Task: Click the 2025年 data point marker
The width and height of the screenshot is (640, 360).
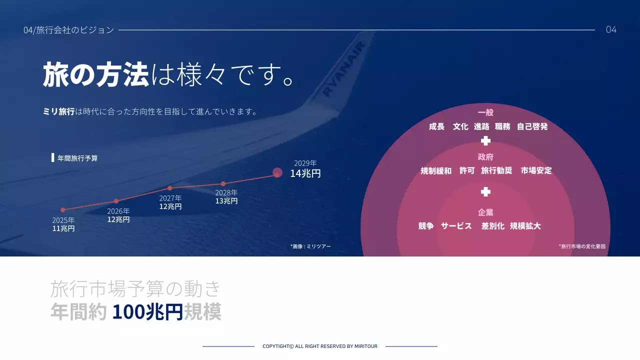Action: tap(63, 210)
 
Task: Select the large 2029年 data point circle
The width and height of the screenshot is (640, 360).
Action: tap(277, 172)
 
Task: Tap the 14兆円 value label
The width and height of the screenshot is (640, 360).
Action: tap(305, 174)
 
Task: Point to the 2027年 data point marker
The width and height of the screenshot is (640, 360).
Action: tap(169, 188)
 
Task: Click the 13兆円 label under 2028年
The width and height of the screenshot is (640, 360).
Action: tap(226, 201)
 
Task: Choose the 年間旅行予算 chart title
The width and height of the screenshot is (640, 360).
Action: tap(77, 158)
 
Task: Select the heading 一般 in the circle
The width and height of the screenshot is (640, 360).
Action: tap(485, 112)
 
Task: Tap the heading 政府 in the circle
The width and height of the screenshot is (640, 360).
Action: tap(485, 157)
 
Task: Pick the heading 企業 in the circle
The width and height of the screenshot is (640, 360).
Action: tap(485, 212)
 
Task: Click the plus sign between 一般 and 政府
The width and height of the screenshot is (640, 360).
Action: tap(485, 141)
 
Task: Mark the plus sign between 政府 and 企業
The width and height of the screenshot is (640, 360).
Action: tap(485, 192)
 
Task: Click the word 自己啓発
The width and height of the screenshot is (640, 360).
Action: tap(532, 127)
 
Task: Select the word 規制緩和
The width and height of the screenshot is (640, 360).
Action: tap(435, 171)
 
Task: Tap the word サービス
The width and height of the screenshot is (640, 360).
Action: tap(456, 226)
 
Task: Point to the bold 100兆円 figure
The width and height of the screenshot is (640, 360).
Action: tap(147, 312)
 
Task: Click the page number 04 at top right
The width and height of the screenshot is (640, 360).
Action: tap(611, 29)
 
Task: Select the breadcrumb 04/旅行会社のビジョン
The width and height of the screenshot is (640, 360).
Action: tap(69, 30)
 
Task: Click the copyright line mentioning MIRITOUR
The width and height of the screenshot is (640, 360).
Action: tap(320, 346)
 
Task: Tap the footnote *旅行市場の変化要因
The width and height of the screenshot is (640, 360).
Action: tap(582, 246)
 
